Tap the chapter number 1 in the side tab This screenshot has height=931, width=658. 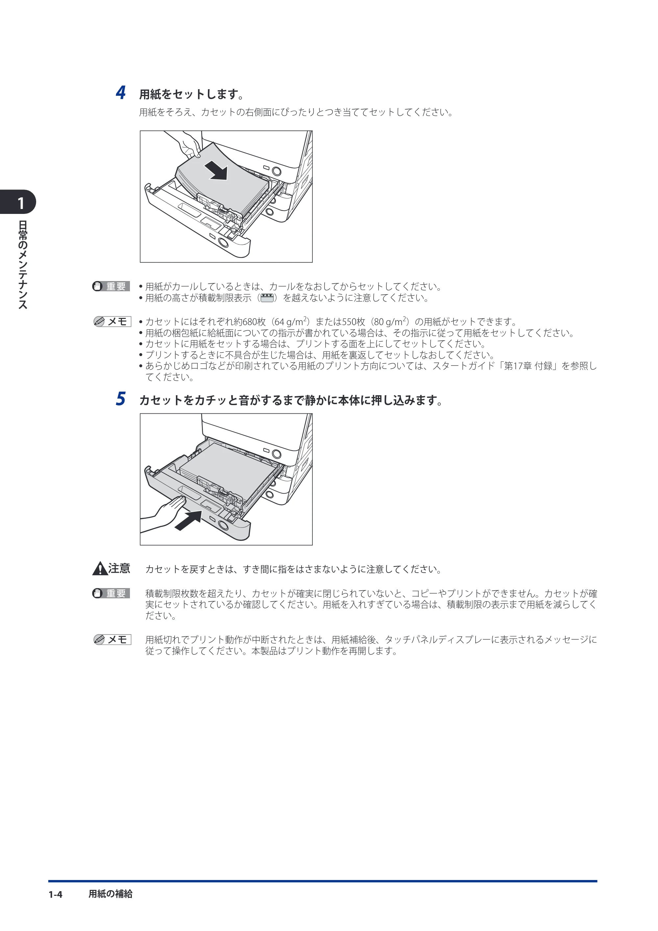click(x=21, y=203)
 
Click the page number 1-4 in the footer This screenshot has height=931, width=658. click(x=56, y=894)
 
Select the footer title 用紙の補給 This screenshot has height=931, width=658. click(x=110, y=894)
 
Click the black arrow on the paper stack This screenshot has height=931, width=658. click(x=216, y=170)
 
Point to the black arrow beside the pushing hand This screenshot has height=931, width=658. click(x=188, y=520)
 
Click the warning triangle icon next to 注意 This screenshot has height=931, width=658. click(x=100, y=569)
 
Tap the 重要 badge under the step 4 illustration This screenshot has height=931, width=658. click(x=110, y=286)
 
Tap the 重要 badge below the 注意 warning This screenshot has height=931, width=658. click(x=110, y=593)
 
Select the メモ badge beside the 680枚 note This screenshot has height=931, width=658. click(x=112, y=322)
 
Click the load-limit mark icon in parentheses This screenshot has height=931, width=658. click(x=267, y=298)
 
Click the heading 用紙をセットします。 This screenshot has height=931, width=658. click(x=192, y=94)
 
